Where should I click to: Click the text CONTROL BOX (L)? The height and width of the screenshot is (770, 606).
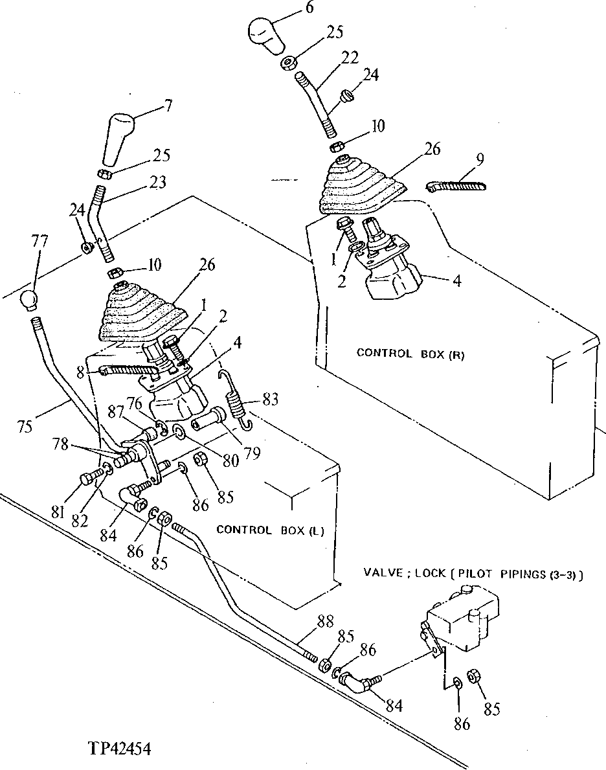[270, 530]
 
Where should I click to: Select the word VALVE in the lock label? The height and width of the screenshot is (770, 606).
[385, 573]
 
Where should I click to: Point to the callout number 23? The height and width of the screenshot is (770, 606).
[157, 183]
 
